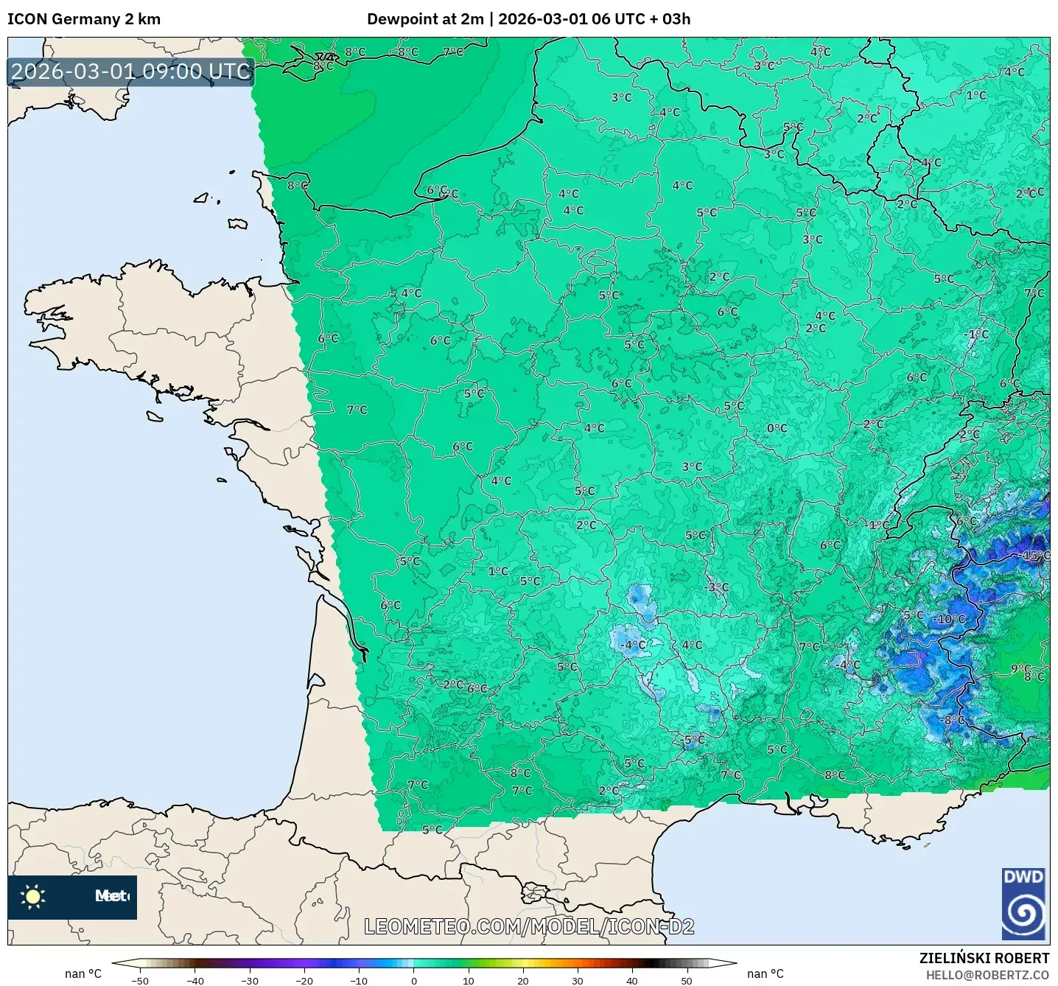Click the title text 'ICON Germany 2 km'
click(84, 19)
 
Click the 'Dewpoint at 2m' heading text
click(425, 19)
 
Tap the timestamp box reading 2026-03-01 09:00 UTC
click(131, 71)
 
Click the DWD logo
click(1023, 903)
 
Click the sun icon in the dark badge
click(33, 896)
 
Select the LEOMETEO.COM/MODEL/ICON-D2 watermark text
click(529, 926)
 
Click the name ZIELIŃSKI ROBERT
click(984, 958)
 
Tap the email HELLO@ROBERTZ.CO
click(987, 975)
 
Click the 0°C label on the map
click(777, 428)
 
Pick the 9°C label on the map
click(1020, 669)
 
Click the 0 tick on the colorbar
click(413, 980)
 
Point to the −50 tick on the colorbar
click(139, 980)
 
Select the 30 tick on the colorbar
click(577, 980)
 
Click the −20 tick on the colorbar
click(304, 980)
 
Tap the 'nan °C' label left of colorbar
click(83, 973)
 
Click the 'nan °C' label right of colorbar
click(765, 973)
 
